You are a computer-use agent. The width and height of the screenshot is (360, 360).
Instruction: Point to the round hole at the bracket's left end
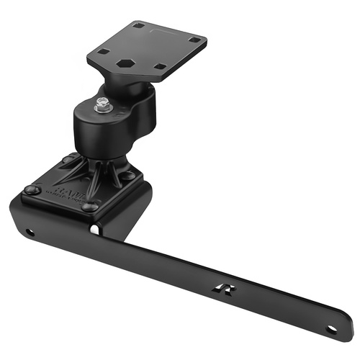tap(29, 233)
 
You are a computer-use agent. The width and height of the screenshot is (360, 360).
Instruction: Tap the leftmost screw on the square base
tap(30, 189)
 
